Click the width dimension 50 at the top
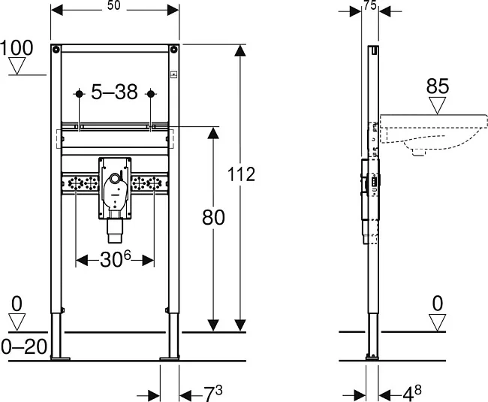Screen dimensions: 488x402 (114, 5)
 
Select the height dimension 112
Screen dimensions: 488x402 (241, 174)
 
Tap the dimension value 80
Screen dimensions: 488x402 (213, 217)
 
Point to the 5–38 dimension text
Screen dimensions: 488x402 (114, 92)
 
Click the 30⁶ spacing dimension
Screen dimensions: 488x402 (116, 259)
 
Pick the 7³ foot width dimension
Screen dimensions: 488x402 (213, 394)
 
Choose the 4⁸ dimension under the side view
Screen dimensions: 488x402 (412, 394)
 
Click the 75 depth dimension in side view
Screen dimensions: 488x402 (370, 5)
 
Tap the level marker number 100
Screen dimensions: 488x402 (17, 48)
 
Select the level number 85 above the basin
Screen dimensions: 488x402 (438, 86)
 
